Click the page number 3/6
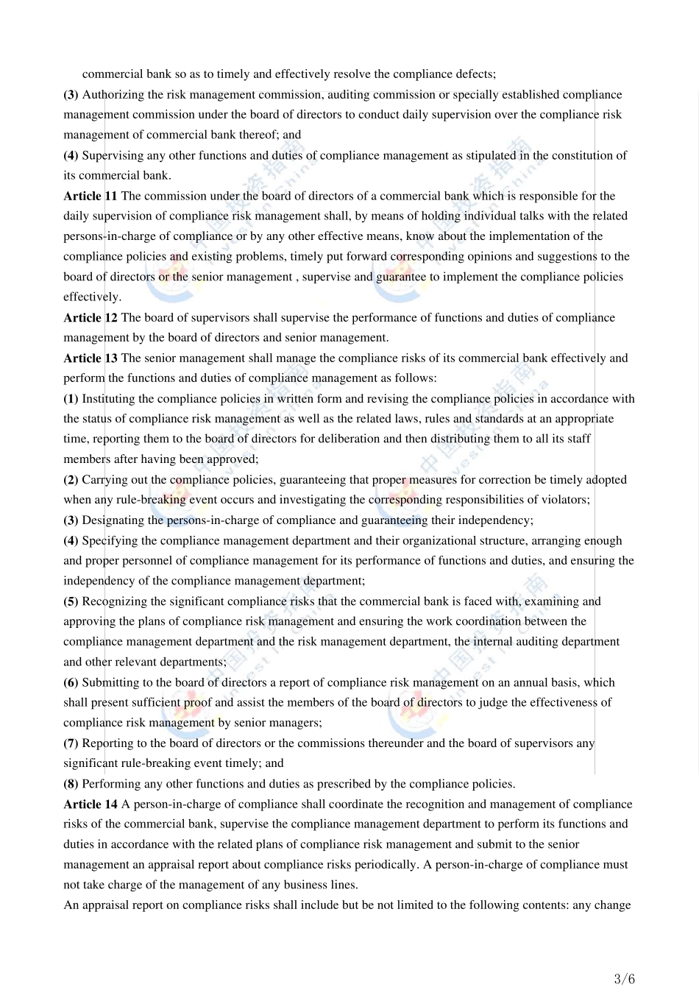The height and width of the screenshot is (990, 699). pyautogui.click(x=624, y=978)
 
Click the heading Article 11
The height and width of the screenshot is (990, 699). pyautogui.click(x=90, y=196)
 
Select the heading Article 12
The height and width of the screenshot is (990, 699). pyautogui.click(x=90, y=317)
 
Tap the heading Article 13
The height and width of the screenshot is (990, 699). pyautogui.click(x=90, y=358)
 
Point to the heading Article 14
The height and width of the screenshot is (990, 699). pyautogui.click(x=90, y=804)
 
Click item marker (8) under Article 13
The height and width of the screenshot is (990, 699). pyautogui.click(x=71, y=783)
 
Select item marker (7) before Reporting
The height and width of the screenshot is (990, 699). pyautogui.click(x=71, y=743)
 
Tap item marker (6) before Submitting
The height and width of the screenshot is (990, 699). pyautogui.click(x=71, y=682)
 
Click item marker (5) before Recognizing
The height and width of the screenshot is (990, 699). pyautogui.click(x=71, y=601)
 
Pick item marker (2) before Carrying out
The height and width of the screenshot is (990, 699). pyautogui.click(x=71, y=479)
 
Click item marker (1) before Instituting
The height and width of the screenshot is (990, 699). pyautogui.click(x=71, y=398)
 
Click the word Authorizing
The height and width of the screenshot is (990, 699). pyautogui.click(x=113, y=94)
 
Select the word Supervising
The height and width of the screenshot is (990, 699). pyautogui.click(x=113, y=155)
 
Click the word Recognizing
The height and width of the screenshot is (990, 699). pyautogui.click(x=114, y=601)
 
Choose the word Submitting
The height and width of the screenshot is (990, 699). pyautogui.click(x=111, y=682)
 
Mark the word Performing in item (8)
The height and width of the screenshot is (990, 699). pyautogui.click(x=111, y=783)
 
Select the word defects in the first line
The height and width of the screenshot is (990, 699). pyautogui.click(x=475, y=74)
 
